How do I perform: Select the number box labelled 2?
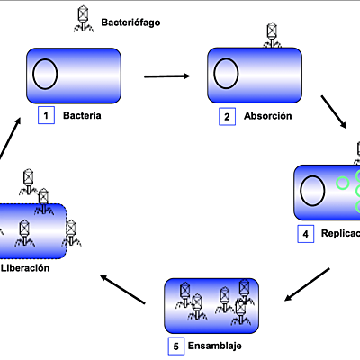point(229,116)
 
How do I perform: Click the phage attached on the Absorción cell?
point(272,35)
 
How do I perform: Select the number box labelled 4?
point(306,234)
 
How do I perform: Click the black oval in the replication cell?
point(312,191)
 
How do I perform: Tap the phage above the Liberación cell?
point(29,176)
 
